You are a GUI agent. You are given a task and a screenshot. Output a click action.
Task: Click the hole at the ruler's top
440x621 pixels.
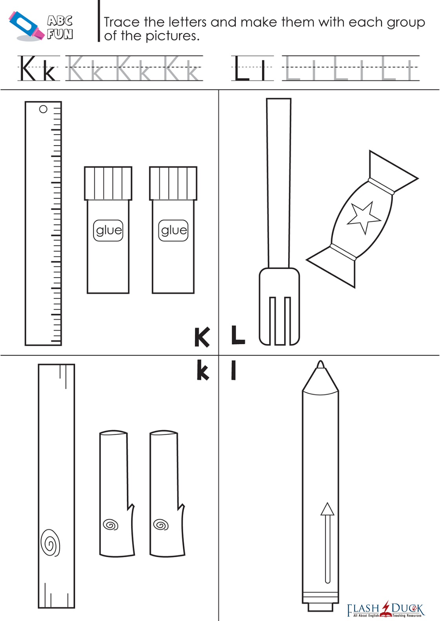click(43, 109)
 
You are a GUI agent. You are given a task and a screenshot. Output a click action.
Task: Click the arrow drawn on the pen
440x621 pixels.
click(327, 543)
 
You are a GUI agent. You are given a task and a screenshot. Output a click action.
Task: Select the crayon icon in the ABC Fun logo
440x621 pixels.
click(26, 26)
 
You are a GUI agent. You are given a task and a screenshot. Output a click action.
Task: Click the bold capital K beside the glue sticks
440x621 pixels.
click(202, 337)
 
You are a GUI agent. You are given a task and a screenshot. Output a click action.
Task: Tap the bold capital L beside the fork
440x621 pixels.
click(238, 335)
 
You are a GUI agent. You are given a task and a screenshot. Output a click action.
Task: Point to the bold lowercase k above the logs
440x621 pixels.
click(203, 370)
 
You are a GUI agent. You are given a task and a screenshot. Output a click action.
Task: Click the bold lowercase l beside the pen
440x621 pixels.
click(233, 370)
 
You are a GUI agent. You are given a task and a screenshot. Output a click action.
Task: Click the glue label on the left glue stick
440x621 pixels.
click(108, 231)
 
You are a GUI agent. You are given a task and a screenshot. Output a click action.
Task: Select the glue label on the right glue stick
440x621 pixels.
click(173, 231)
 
